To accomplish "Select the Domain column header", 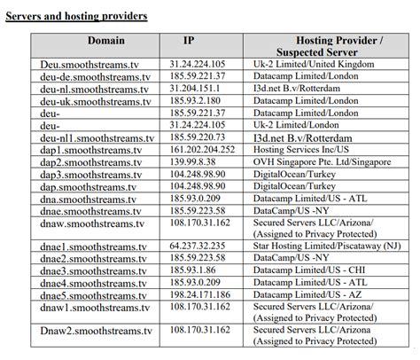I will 106,41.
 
